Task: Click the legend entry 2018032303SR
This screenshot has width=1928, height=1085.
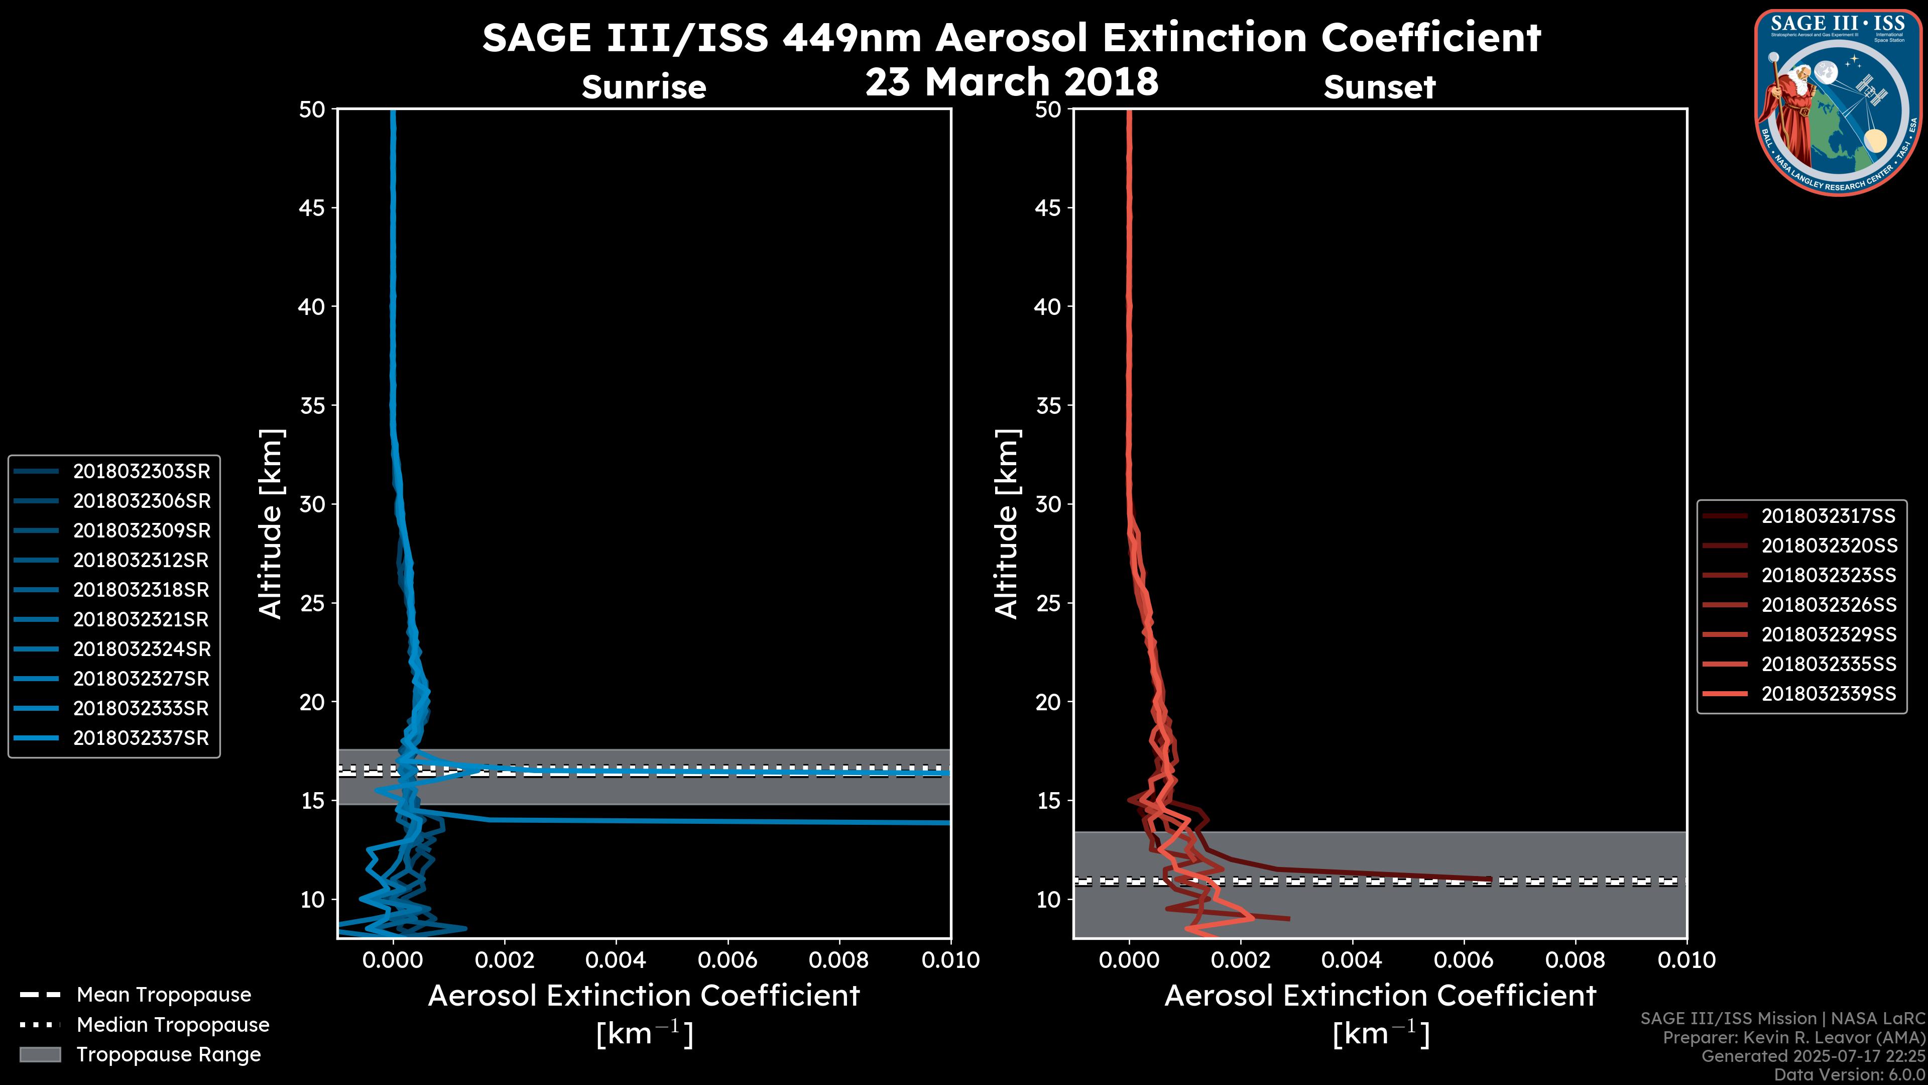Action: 142,472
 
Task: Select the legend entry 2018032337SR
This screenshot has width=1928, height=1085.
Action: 142,738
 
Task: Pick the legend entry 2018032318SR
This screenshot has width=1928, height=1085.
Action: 142,590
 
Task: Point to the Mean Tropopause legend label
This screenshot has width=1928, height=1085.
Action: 164,995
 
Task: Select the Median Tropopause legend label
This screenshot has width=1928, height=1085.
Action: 173,1025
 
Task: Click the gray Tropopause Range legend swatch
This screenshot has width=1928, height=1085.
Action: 40,1055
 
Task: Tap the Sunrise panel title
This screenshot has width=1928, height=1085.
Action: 644,87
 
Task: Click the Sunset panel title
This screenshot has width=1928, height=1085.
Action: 1379,87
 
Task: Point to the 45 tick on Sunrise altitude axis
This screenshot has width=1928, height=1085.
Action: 312,208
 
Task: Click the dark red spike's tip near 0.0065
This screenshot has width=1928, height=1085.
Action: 1489,879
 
